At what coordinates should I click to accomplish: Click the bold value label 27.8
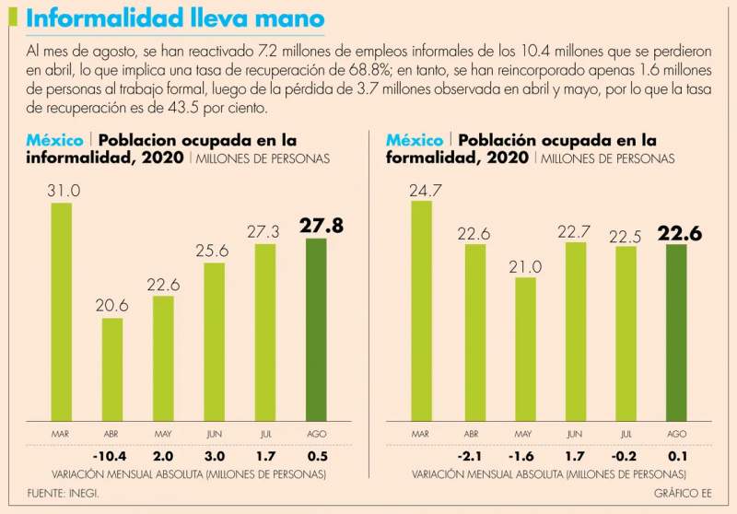coord(321,225)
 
